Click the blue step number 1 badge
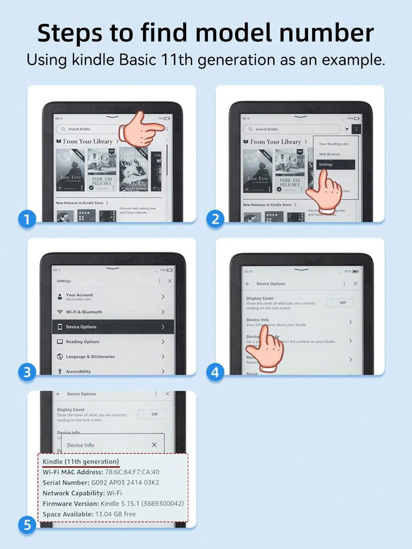27,220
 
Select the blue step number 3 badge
27,372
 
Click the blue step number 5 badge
27,525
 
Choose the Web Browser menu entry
329,154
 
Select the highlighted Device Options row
113,327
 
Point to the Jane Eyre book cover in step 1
70,171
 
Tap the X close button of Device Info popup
154,445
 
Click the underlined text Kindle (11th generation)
81,461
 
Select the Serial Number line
101,483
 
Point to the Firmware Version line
113,504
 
